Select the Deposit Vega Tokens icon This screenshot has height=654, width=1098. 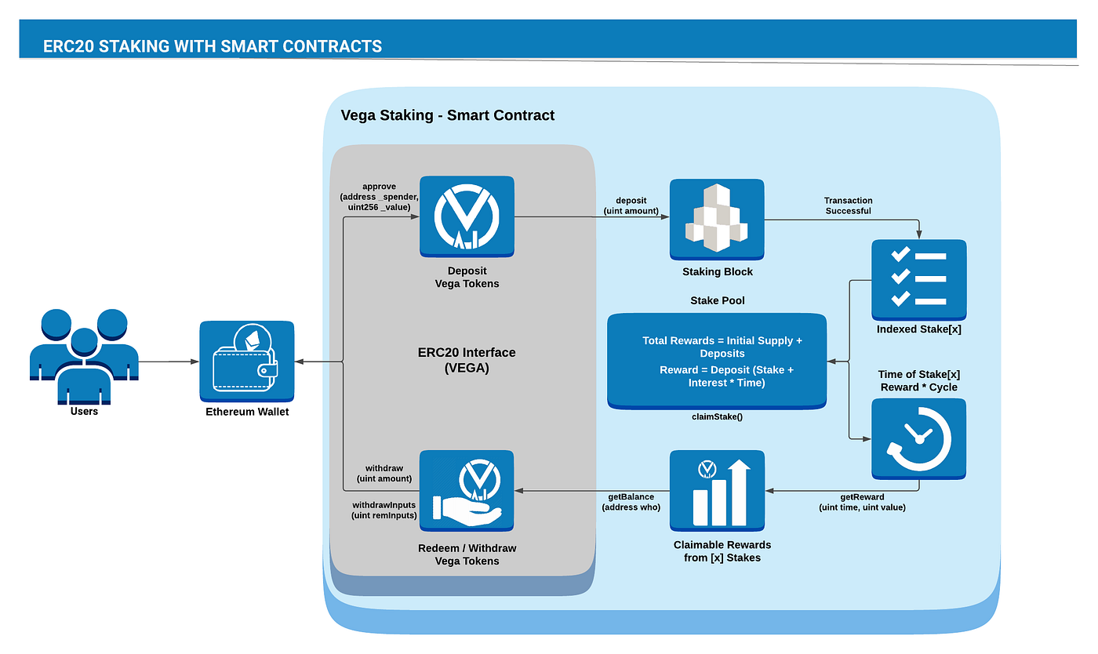[467, 217]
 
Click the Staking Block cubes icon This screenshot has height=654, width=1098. [717, 219]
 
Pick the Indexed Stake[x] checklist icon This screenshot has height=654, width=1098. [919, 278]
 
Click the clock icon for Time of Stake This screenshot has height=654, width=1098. [919, 438]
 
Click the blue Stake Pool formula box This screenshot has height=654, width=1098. [717, 362]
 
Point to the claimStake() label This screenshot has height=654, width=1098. [717, 416]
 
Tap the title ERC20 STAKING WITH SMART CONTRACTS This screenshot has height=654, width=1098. [213, 46]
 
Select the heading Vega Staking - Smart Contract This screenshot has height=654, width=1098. [447, 115]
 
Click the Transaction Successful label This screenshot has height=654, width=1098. [848, 205]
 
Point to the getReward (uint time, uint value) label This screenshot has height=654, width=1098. [862, 503]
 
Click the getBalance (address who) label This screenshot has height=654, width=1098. [631, 502]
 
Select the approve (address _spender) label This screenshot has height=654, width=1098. [379, 196]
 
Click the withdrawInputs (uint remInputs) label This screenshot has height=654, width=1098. [384, 509]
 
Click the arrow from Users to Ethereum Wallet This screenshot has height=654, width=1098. [168, 362]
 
